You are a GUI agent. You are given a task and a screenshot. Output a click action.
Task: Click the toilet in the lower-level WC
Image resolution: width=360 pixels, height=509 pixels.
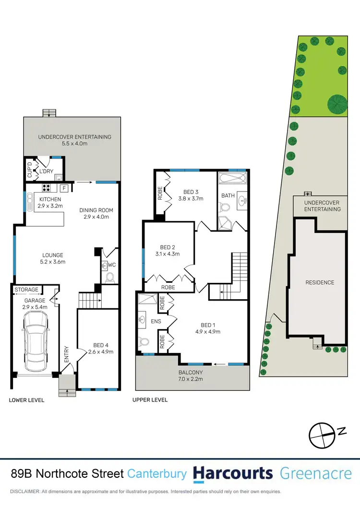click(109, 277)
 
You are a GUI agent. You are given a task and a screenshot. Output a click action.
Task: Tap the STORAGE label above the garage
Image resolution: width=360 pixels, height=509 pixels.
click(26, 290)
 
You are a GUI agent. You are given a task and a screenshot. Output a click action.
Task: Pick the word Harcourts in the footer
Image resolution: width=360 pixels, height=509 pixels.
click(232, 473)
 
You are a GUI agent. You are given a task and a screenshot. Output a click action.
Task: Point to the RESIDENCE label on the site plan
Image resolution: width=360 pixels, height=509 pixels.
click(320, 282)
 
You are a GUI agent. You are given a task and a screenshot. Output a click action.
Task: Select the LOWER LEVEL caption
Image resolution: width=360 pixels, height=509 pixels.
click(26, 400)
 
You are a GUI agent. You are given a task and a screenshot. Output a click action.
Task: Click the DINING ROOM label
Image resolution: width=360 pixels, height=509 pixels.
click(97, 210)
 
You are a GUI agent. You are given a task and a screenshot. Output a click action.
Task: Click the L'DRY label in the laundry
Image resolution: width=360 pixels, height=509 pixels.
click(46, 171)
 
